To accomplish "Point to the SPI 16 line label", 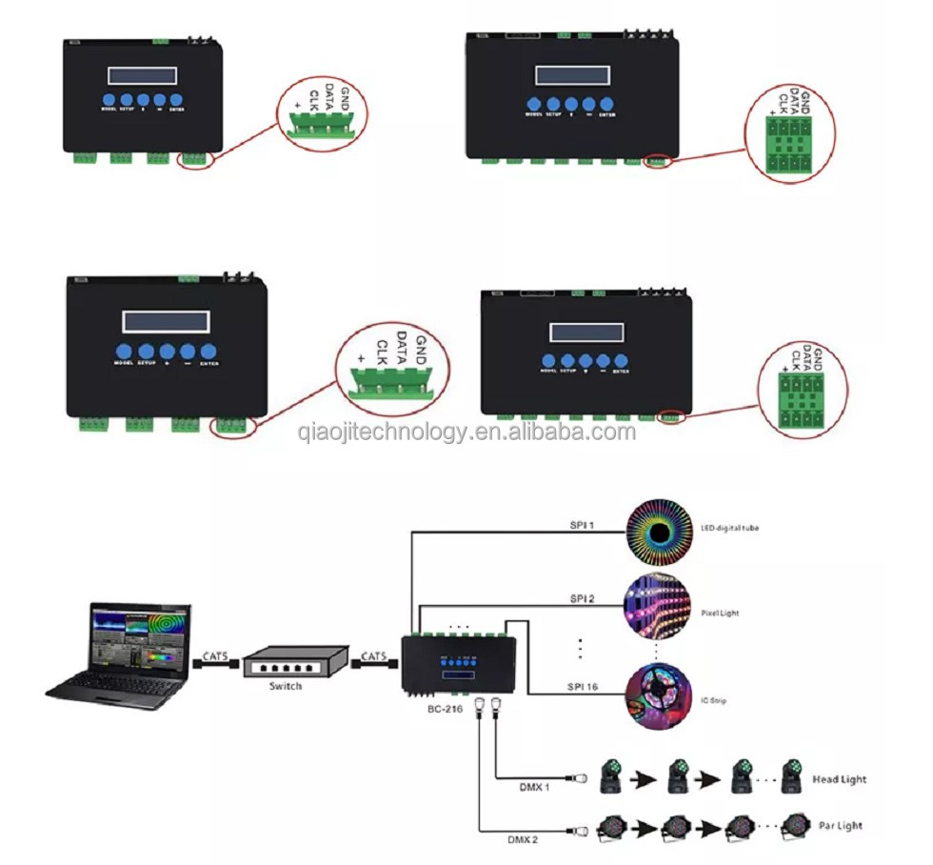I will [x=583, y=686].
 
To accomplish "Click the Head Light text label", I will [x=839, y=779].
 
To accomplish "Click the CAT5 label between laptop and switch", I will [x=215, y=655].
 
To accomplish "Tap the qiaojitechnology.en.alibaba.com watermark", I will [x=466, y=432].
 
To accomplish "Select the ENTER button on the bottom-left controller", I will [x=208, y=351].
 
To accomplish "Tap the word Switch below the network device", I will [x=285, y=686].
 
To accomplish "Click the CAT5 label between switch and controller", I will [x=372, y=655].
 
